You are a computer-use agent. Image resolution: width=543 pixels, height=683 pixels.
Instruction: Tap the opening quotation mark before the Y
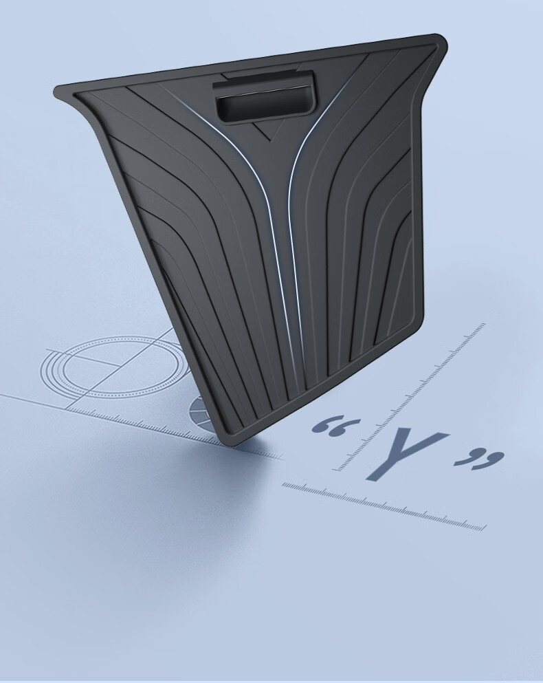(x=336, y=427)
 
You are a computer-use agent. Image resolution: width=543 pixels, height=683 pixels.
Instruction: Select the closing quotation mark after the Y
(x=480, y=459)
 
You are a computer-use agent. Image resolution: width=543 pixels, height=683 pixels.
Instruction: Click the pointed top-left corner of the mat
(x=59, y=92)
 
